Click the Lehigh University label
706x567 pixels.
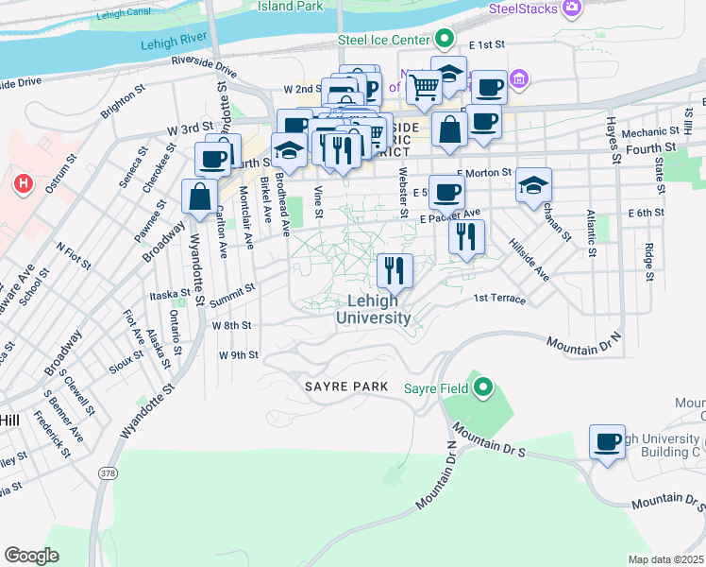(x=374, y=309)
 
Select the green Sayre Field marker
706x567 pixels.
(x=483, y=387)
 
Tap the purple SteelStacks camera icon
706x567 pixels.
(x=571, y=9)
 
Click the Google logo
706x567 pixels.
(x=31, y=556)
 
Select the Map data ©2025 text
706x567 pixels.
(x=665, y=559)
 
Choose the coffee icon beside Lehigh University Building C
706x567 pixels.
(x=607, y=441)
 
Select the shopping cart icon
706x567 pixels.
(x=425, y=88)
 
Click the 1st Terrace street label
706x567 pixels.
(x=498, y=299)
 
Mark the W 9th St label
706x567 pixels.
(x=238, y=355)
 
